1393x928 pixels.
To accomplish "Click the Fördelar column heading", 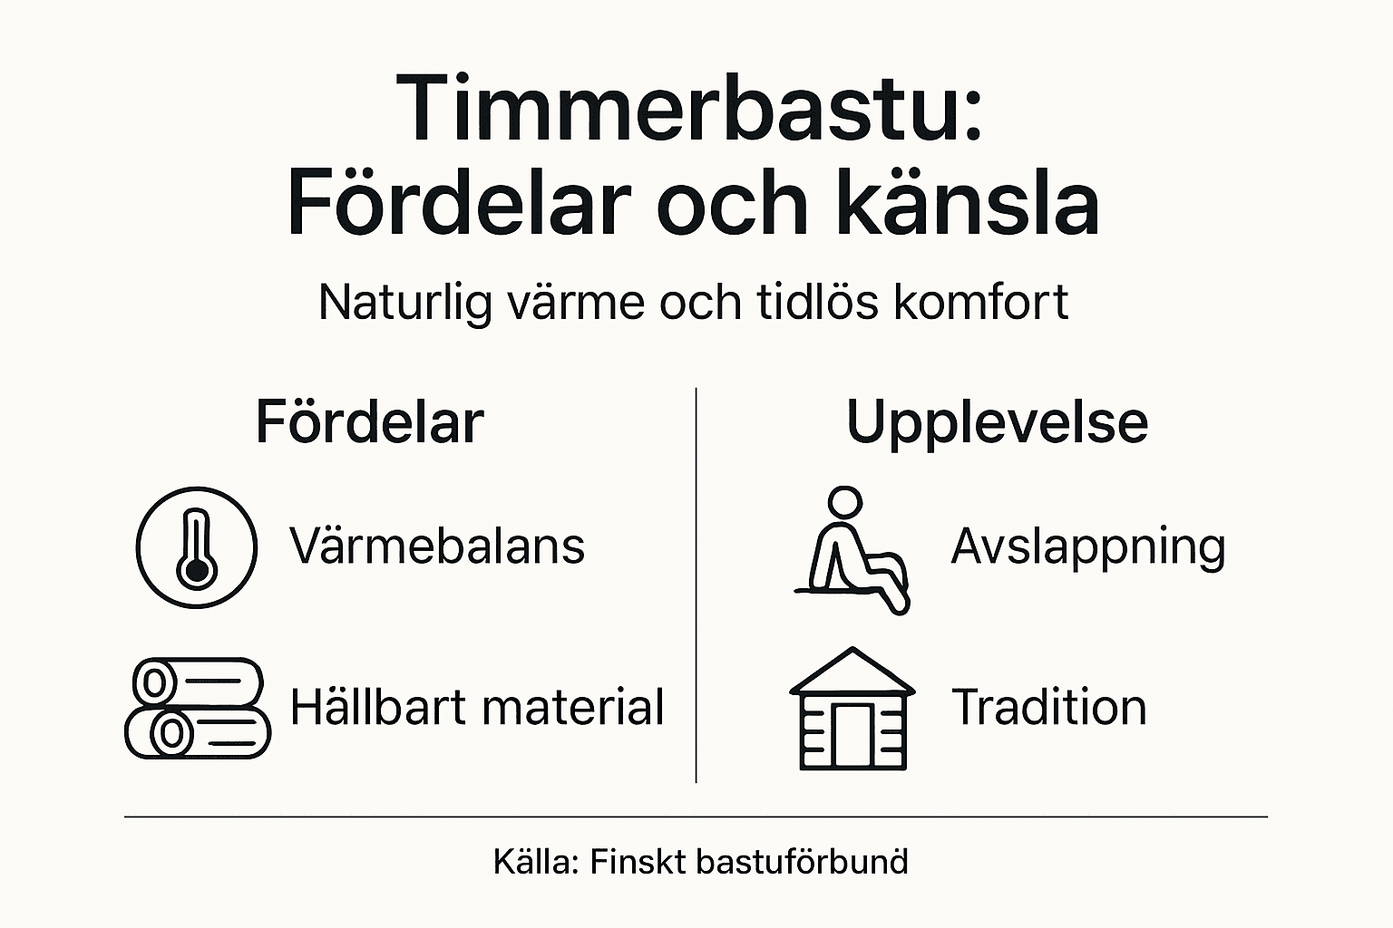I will pyautogui.click(x=370, y=422).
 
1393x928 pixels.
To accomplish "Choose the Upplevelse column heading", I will pyautogui.click(x=997, y=422).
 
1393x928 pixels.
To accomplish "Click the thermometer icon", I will pyautogui.click(x=196, y=547).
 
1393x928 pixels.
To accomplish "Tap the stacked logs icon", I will pyautogui.click(x=198, y=708).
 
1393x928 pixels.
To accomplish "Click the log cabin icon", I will pyautogui.click(x=852, y=709).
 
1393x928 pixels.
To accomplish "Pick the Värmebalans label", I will pyautogui.click(x=437, y=546).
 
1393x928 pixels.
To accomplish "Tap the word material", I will pyautogui.click(x=572, y=707).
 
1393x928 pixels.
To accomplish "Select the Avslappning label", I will pyautogui.click(x=1087, y=546).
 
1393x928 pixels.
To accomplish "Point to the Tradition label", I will pyautogui.click(x=1049, y=707).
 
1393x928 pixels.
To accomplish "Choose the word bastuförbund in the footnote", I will pyautogui.click(x=802, y=861).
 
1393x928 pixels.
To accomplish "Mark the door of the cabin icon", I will pyautogui.click(x=852, y=736).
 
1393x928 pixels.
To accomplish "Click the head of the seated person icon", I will pyautogui.click(x=845, y=502).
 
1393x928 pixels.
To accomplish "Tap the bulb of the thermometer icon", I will pyautogui.click(x=196, y=571).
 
